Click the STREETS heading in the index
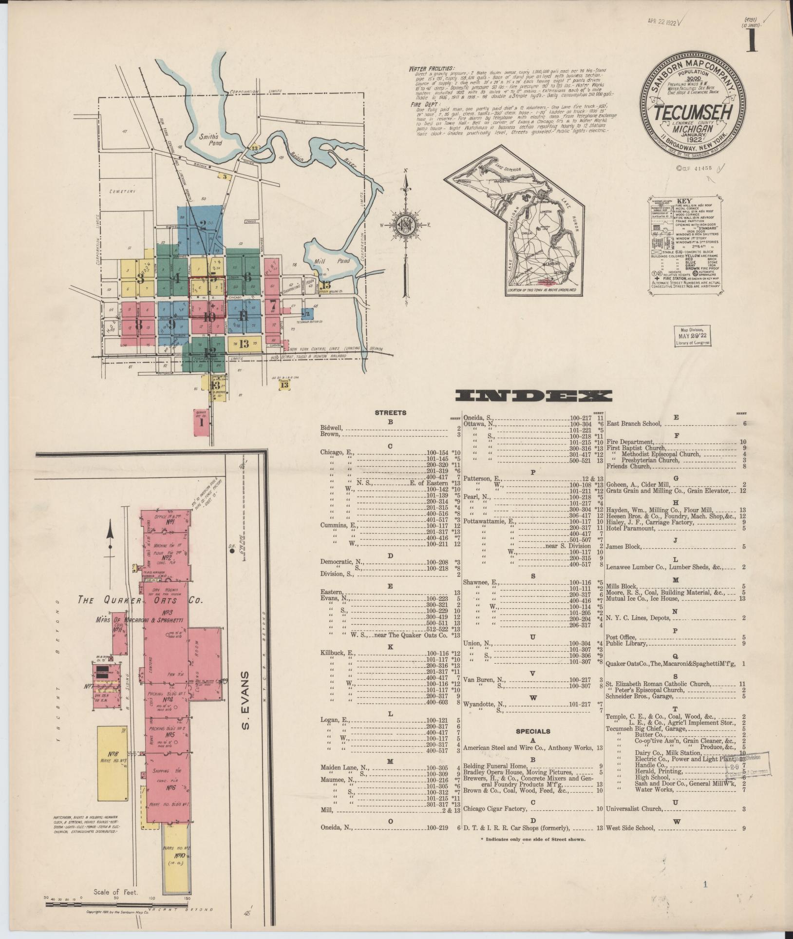[390, 413]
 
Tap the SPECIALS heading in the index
[533, 731]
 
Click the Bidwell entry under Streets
[331, 427]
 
